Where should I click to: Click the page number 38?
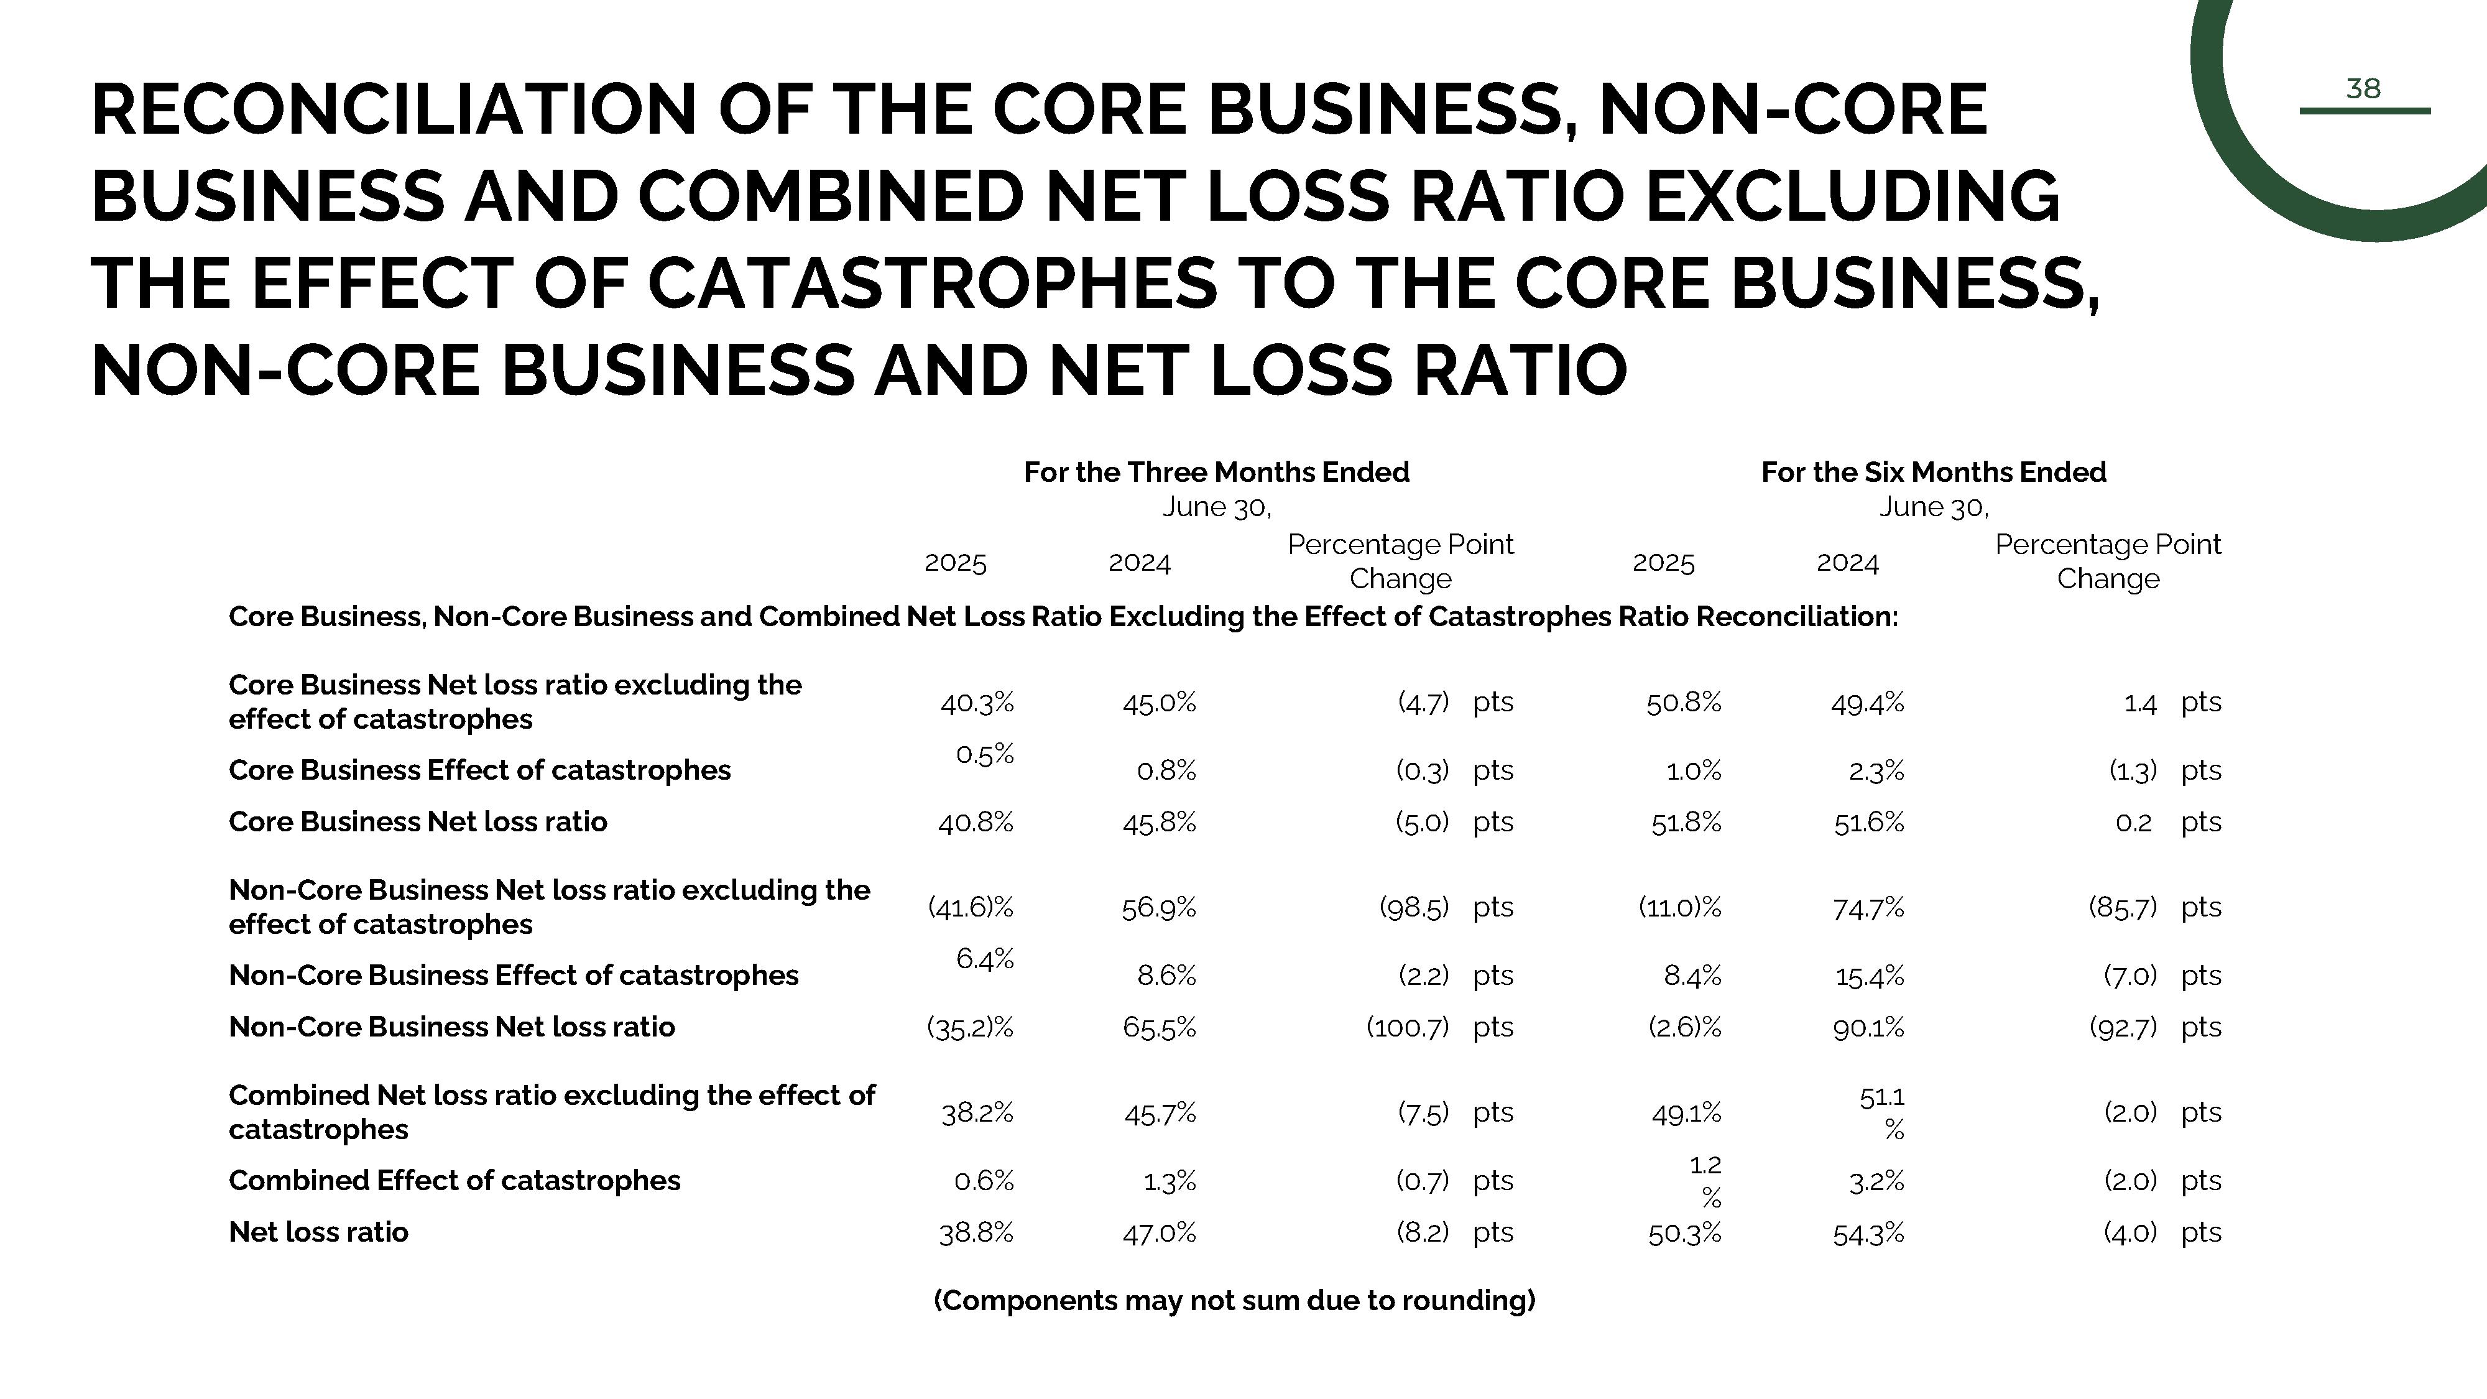point(2363,89)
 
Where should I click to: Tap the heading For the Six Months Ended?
point(1933,472)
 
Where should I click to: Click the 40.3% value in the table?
point(976,703)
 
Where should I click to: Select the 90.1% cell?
point(1868,1027)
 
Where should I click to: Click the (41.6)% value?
point(971,908)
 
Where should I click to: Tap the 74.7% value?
point(1868,908)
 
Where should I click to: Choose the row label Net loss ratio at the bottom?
point(318,1232)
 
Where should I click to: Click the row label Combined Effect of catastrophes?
point(454,1181)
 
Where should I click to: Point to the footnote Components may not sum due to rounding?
point(1234,1301)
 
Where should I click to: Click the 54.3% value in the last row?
point(1868,1233)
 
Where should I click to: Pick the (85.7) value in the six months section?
point(2122,908)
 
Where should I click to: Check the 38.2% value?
point(977,1113)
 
